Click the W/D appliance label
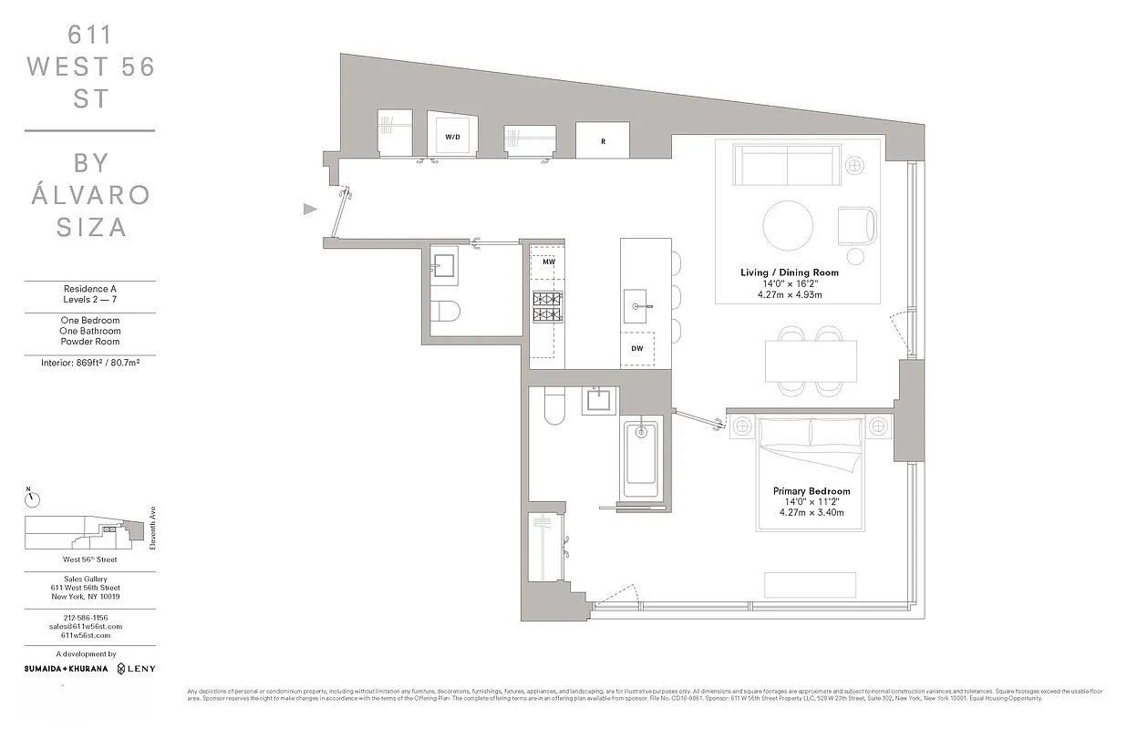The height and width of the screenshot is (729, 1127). point(452,137)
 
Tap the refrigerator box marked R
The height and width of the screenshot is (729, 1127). point(603,141)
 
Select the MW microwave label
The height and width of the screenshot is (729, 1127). point(548,262)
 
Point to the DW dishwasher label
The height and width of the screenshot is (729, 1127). point(637,348)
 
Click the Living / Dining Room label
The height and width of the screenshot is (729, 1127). point(790,272)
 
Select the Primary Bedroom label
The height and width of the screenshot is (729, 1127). point(812,491)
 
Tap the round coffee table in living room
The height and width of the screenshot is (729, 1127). point(788,224)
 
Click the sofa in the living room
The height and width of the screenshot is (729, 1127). point(787,165)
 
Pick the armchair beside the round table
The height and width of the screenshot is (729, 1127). point(857,225)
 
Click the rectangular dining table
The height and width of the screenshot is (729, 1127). point(811,361)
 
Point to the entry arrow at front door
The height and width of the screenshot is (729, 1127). point(310,210)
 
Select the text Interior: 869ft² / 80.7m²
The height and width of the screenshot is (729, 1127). point(89,363)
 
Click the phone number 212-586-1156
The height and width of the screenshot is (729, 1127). point(89,618)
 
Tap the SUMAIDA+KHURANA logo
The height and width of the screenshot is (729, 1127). point(66,669)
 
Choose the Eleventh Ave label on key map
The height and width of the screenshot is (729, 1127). point(154,529)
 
